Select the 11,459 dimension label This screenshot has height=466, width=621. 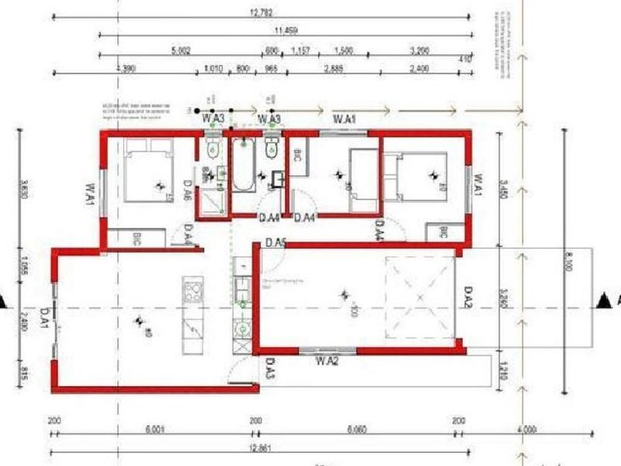click(286, 30)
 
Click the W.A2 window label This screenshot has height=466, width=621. click(326, 360)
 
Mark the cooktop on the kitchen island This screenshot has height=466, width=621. click(191, 292)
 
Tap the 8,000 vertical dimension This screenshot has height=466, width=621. click(570, 264)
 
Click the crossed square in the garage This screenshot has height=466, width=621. click(418, 297)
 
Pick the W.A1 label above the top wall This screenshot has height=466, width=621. click(344, 119)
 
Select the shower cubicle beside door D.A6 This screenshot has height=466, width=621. click(212, 200)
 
